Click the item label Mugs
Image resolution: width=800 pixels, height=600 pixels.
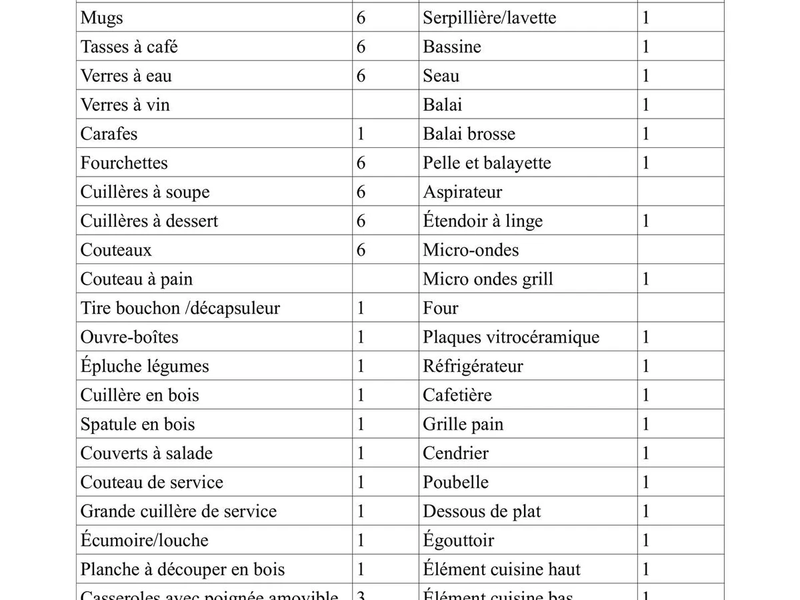point(102,18)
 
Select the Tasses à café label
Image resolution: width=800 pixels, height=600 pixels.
point(129,47)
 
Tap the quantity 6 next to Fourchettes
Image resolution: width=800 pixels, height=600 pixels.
point(361,163)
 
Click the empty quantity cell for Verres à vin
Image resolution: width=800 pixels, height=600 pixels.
point(385,105)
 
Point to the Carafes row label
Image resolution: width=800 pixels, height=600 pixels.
point(109,134)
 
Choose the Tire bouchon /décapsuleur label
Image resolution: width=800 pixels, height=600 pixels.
point(180,308)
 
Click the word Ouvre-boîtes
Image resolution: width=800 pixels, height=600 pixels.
point(129,337)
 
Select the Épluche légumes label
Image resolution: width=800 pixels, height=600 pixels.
point(145,366)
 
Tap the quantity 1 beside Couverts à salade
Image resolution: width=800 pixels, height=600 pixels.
point(361,453)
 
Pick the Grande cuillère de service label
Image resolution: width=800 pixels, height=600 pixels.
point(179,511)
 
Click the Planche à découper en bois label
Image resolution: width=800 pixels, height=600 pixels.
point(183,569)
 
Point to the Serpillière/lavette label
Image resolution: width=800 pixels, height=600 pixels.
point(489,18)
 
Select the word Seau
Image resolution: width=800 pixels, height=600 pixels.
point(441,76)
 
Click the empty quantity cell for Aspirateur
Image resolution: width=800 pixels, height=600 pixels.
point(680,192)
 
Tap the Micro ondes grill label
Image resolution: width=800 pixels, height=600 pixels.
point(488,279)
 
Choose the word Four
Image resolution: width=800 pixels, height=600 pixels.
point(441,308)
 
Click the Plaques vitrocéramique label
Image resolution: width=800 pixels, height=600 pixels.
point(511,337)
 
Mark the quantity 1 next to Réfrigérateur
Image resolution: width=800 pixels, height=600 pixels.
point(645,366)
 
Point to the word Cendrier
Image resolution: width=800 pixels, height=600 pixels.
point(455,453)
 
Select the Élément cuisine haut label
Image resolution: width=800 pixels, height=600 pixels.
point(501,569)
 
